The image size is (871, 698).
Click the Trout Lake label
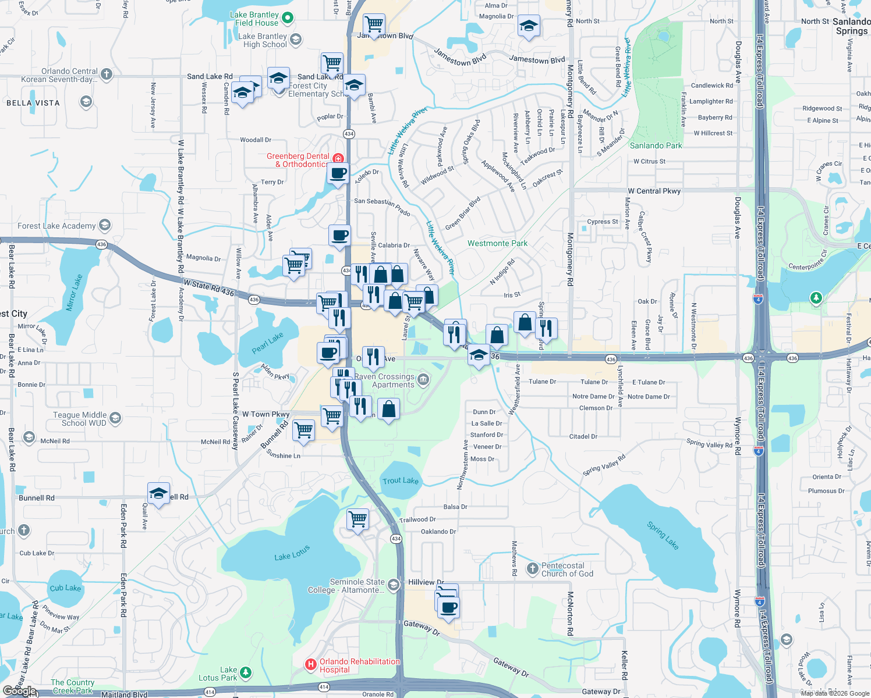401,480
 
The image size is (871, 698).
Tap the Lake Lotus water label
292,553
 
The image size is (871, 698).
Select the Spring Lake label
663,536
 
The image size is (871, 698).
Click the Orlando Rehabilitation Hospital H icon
311,664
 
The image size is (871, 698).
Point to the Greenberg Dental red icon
338,158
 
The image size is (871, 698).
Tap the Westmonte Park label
497,243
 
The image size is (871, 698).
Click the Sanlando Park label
656,145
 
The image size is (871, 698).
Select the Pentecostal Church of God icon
532,568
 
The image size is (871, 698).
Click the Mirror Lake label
75,293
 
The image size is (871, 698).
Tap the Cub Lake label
65,588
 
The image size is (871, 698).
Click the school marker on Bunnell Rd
158,494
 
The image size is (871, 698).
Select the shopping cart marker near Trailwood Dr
357,518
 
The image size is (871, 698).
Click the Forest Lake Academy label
56,226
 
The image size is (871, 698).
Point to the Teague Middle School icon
115,418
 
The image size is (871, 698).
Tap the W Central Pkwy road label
654,191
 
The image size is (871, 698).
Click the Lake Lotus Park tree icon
246,672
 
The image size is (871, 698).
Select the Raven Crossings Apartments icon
423,380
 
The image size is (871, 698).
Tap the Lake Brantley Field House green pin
288,18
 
